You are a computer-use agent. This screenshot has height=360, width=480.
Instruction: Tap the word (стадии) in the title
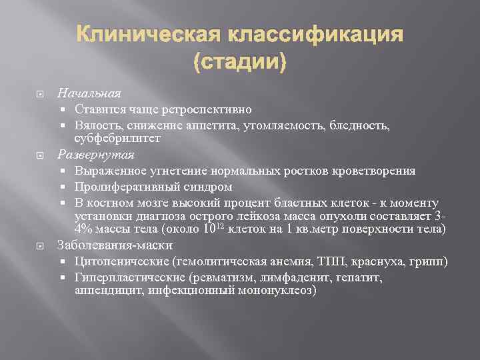239,63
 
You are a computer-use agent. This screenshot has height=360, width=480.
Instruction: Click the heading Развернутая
96,155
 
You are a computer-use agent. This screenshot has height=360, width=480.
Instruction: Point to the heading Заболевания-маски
115,244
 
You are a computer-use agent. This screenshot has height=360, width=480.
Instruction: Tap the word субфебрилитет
117,139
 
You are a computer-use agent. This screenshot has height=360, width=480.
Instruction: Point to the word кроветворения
379,171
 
